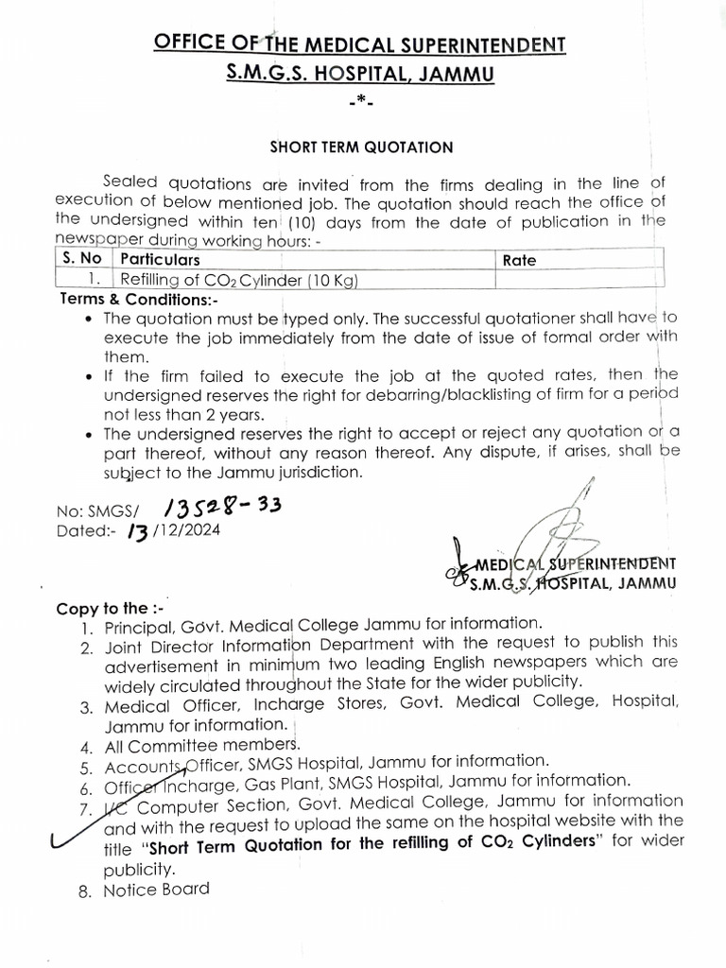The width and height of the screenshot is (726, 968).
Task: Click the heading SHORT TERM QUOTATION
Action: [363, 147]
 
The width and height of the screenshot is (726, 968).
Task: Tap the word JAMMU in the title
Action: [456, 73]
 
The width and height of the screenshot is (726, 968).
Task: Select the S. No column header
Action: [82, 258]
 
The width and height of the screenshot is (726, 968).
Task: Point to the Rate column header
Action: [519, 258]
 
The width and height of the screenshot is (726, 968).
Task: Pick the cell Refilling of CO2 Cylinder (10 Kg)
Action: [238, 279]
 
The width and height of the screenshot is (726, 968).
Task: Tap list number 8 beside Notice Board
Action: [86, 890]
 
